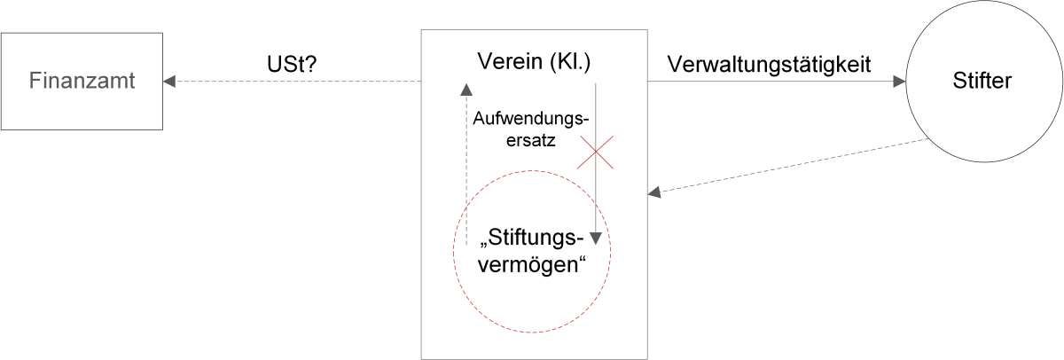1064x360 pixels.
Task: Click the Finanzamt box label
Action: (82, 81)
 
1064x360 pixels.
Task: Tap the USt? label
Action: (292, 64)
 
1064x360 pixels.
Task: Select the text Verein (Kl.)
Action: (534, 62)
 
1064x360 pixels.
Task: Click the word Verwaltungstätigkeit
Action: (769, 65)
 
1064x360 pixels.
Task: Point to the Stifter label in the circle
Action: (982, 81)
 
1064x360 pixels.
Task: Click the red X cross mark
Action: (595, 152)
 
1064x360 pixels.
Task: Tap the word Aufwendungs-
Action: (530, 118)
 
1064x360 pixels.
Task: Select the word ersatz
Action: (530, 141)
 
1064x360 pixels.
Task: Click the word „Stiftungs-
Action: (532, 238)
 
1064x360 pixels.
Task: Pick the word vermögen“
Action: (532, 264)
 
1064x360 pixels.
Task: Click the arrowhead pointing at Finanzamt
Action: (169, 82)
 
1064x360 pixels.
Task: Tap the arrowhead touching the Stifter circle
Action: (899, 82)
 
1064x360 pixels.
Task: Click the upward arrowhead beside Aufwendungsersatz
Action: (466, 90)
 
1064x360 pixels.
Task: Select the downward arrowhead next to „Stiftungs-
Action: (596, 239)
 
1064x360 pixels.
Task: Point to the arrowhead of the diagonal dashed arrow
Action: (654, 192)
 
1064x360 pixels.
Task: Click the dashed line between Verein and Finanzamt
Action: (298, 82)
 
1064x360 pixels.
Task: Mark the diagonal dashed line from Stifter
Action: (794, 165)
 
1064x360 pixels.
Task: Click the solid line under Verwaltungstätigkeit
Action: (771, 82)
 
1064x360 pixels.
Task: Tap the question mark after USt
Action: (310, 64)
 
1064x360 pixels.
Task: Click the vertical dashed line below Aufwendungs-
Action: (466, 170)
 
